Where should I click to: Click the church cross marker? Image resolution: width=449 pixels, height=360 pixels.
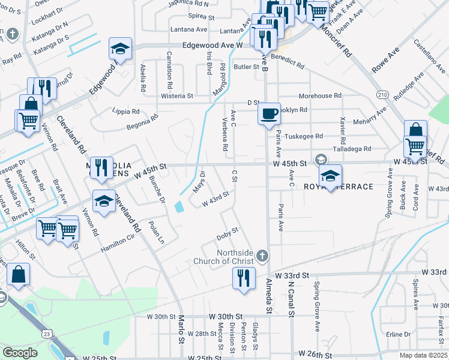[261, 256]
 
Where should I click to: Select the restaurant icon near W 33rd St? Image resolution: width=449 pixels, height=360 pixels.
[243, 278]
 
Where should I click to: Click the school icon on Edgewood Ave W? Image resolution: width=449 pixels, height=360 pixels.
[120, 49]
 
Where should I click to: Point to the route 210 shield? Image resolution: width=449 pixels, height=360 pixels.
[382, 95]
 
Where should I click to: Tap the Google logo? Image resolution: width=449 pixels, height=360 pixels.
[20, 353]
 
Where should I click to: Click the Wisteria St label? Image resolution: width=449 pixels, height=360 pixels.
[176, 95]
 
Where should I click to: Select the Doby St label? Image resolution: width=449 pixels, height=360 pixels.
[228, 231]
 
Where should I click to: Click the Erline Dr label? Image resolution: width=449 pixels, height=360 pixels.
[399, 334]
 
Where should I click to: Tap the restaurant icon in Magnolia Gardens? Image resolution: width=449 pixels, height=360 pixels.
[100, 167]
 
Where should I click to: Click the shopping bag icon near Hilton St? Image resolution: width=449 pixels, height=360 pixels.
[19, 275]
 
